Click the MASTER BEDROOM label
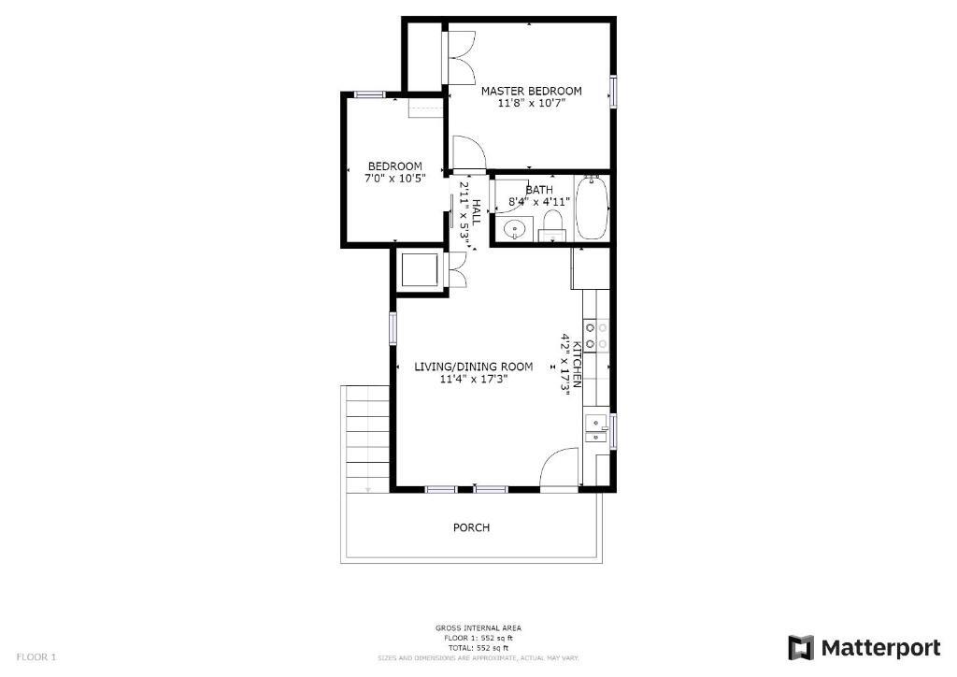531,91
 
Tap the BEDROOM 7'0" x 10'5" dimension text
395,179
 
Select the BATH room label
539,190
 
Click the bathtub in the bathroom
592,208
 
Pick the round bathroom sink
515,230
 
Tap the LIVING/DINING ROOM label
473,367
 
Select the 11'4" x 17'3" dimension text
474,379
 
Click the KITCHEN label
577,366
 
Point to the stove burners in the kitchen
596,337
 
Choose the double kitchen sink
596,428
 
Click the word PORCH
471,527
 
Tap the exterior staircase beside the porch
367,439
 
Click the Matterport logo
864,648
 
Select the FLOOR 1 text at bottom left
36,657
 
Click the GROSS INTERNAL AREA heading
478,627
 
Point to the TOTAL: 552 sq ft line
478,648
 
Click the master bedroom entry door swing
468,151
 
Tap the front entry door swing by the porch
559,468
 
